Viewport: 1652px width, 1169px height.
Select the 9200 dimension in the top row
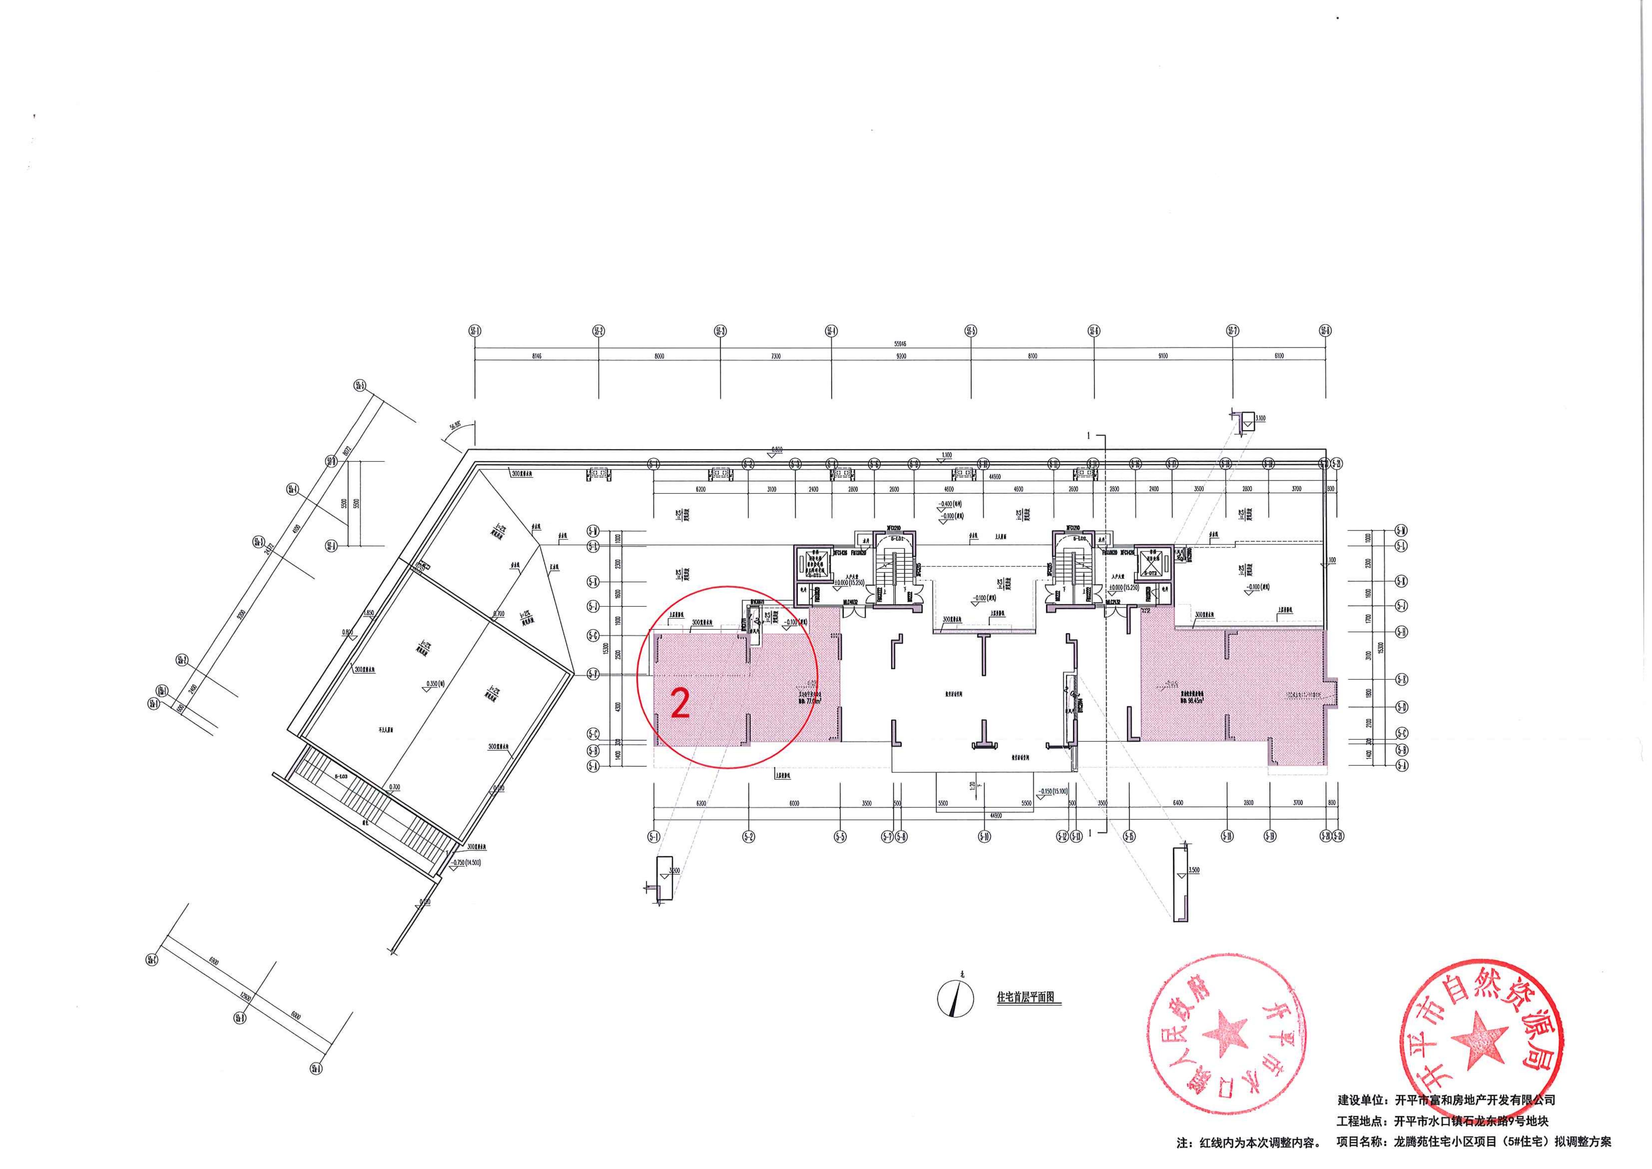tap(902, 356)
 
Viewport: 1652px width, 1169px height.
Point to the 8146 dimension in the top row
tap(536, 356)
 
